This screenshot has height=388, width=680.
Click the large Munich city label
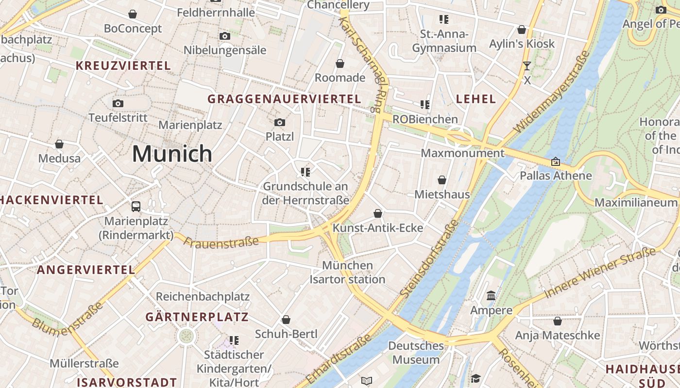pos(172,154)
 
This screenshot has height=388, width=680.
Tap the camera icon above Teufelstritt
pos(118,103)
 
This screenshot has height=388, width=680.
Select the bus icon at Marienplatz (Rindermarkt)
pos(136,207)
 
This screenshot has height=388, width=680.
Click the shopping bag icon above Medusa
pos(59,144)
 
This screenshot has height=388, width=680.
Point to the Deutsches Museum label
pos(416,353)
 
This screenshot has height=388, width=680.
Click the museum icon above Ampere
pos(491,295)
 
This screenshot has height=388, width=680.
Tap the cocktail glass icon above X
pos(527,66)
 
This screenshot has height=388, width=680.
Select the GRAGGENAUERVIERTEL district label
pos(284,99)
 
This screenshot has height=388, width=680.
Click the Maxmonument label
pos(462,153)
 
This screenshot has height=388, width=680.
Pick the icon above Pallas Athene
pos(556,162)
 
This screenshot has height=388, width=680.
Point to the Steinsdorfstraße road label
pos(429,259)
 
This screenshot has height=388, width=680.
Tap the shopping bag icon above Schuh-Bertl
pos(286,320)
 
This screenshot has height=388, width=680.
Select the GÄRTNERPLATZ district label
pos(197,317)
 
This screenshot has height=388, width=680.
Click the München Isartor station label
pos(347,273)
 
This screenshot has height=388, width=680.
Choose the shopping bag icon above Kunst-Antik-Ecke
pos(377,213)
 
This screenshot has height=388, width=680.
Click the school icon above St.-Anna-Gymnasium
pos(443,19)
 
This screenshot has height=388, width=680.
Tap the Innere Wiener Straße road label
pos(599,273)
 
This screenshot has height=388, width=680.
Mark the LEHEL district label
pos(476,99)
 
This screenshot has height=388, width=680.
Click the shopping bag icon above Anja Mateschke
pos(557,321)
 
